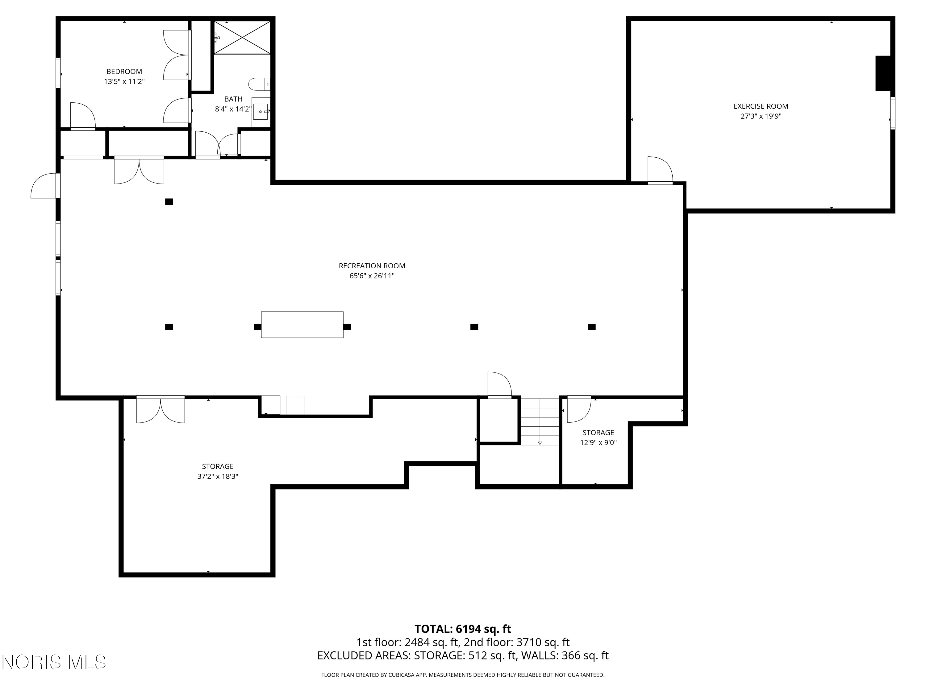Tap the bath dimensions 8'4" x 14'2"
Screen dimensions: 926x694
pos(233,109)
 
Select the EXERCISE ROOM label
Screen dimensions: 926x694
pos(761,106)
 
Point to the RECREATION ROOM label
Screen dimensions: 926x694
pos(372,266)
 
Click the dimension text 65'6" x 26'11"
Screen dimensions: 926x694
pos(372,276)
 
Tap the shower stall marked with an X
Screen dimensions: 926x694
pos(242,38)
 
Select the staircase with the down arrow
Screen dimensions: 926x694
pos(540,422)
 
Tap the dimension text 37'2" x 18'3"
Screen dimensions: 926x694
pos(218,477)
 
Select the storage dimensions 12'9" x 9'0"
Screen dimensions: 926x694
pos(598,443)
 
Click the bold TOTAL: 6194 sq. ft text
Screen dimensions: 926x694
pos(463,629)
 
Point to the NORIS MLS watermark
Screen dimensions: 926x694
pos(54,662)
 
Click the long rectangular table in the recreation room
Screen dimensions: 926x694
pos(302,324)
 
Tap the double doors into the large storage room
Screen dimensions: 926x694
pos(160,410)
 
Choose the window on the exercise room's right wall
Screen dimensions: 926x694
pos(892,113)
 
